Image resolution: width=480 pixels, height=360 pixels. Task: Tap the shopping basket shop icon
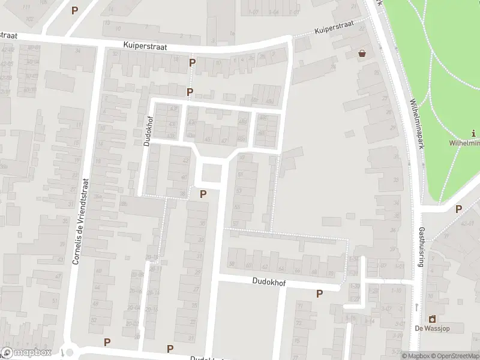tap(362, 53)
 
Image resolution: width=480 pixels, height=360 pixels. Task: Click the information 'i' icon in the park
tap(474, 133)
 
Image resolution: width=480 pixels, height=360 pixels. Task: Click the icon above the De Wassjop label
tap(431, 318)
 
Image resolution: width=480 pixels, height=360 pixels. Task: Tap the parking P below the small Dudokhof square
tap(203, 194)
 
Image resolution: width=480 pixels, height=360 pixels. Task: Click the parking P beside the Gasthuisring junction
tap(458, 209)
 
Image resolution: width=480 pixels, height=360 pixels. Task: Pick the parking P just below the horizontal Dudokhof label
tap(319, 293)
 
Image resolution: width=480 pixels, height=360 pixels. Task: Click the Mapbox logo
tap(26, 353)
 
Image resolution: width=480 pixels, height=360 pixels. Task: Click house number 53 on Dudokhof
tap(238, 190)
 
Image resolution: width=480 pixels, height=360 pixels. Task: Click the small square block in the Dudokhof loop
tap(211, 174)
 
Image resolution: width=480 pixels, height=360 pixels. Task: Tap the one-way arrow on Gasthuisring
tap(416, 307)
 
